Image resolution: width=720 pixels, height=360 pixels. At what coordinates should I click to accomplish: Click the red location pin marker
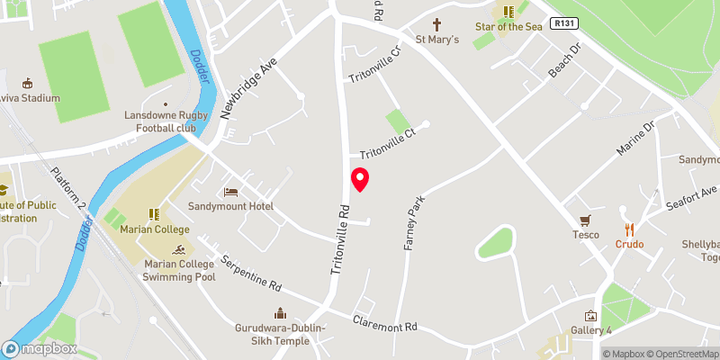(x=360, y=179)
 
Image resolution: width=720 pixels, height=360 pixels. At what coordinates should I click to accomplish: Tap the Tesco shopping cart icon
(x=585, y=220)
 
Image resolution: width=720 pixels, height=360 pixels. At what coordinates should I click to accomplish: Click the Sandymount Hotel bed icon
(x=229, y=192)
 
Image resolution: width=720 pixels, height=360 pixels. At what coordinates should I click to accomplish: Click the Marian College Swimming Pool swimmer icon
(x=183, y=249)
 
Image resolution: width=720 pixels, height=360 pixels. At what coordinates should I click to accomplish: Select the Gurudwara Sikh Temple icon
(x=280, y=313)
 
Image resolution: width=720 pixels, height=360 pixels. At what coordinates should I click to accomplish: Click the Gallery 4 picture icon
(x=590, y=316)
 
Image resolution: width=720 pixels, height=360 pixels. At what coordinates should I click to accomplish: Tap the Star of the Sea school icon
(x=507, y=12)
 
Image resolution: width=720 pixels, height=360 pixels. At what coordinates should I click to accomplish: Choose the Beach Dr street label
(x=563, y=67)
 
